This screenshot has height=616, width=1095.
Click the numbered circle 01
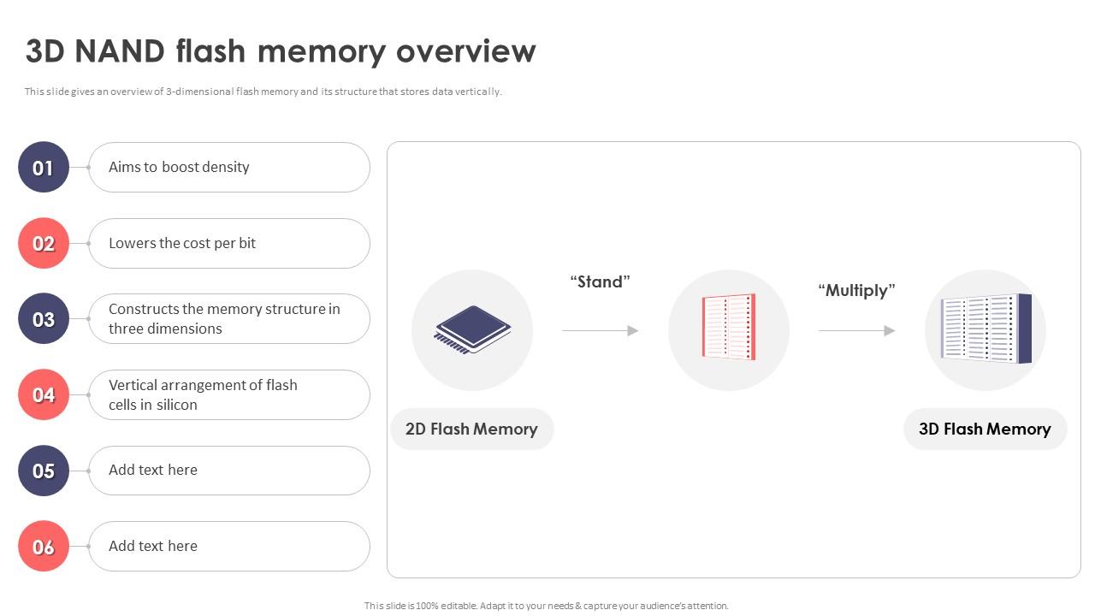pyautogui.click(x=44, y=168)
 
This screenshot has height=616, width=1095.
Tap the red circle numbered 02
pyautogui.click(x=44, y=244)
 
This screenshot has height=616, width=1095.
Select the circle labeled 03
pyautogui.click(x=44, y=319)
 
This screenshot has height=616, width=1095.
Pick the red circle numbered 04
pyautogui.click(x=44, y=394)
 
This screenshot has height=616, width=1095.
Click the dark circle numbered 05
pyautogui.click(x=44, y=471)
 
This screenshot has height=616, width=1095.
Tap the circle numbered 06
pyautogui.click(x=44, y=546)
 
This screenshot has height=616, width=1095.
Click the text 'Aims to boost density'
pyautogui.click(x=179, y=168)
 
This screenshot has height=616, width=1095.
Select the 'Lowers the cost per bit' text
pyautogui.click(x=182, y=243)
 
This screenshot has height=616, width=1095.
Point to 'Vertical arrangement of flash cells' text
pyautogui.click(x=203, y=394)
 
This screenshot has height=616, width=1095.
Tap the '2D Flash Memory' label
pyautogui.click(x=471, y=429)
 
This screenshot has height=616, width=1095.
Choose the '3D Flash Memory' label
pyautogui.click(x=985, y=429)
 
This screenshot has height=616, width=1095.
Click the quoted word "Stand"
pyautogui.click(x=600, y=281)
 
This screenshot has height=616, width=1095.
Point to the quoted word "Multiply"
pyautogui.click(x=856, y=290)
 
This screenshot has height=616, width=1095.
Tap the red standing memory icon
pyautogui.click(x=729, y=327)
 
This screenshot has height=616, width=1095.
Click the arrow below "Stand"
pyautogui.click(x=600, y=330)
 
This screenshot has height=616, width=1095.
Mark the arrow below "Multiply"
pyautogui.click(x=856, y=330)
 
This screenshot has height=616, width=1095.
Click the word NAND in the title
pyautogui.click(x=121, y=51)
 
